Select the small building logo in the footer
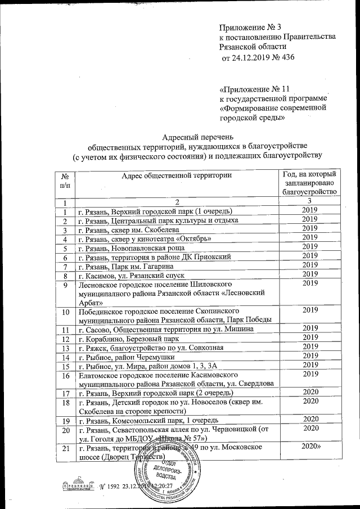coord(74,485)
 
